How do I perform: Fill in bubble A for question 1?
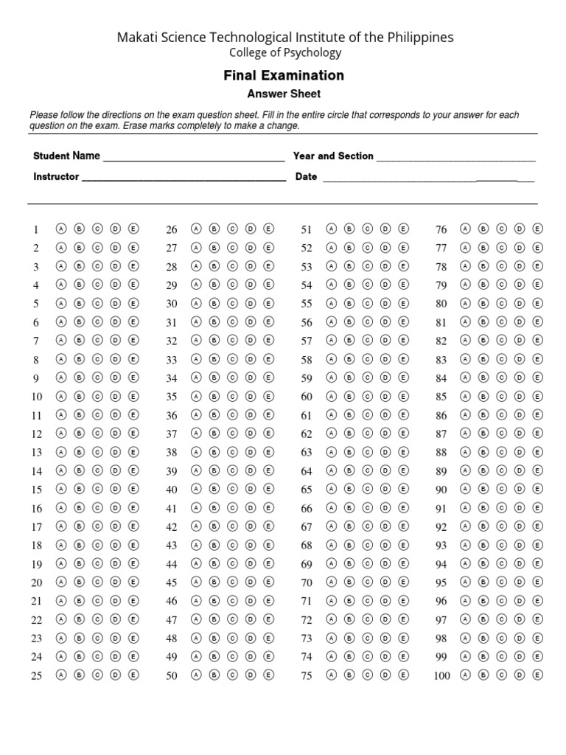[x=61, y=229]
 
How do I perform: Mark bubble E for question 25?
[x=133, y=675]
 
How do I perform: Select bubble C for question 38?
[x=232, y=452]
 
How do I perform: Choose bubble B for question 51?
[x=349, y=229]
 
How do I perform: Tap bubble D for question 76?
[x=520, y=229]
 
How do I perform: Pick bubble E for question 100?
[x=537, y=675]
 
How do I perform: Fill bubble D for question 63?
[x=385, y=452]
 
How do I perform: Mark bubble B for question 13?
[x=80, y=452]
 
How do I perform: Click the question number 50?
[x=172, y=675]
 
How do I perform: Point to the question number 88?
[x=441, y=453]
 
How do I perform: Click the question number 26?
[x=172, y=229]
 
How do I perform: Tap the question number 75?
[x=307, y=675]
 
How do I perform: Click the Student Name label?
[x=66, y=156]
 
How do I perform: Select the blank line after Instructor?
[x=184, y=178]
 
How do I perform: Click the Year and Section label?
[x=333, y=156]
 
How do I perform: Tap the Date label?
[x=306, y=177]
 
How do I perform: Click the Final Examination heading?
[x=284, y=75]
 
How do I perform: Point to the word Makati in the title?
[x=138, y=37]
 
